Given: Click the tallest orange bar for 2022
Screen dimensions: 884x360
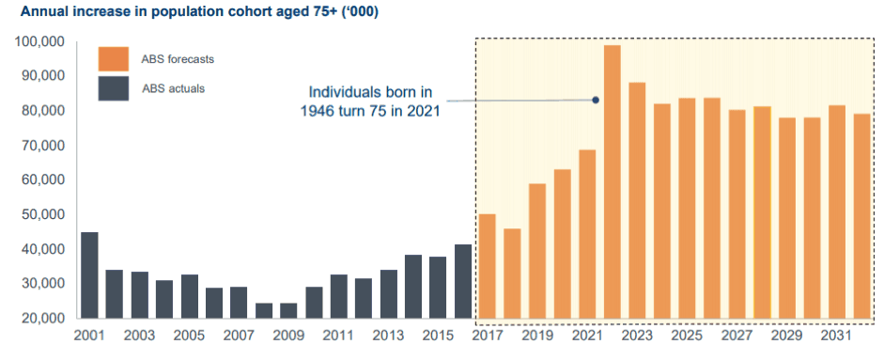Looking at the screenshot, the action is click(x=613, y=181).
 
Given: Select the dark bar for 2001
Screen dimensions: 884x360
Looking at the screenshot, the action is click(x=89, y=275).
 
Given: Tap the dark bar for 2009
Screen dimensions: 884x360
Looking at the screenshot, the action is click(x=288, y=311).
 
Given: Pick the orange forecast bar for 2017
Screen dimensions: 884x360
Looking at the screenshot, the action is click(x=488, y=266).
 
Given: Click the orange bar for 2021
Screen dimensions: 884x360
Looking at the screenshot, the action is click(x=587, y=234).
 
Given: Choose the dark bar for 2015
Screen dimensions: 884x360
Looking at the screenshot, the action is click(x=438, y=288).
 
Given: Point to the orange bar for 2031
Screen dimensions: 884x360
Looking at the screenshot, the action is click(x=837, y=212).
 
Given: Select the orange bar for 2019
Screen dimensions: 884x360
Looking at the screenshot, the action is click(x=537, y=251).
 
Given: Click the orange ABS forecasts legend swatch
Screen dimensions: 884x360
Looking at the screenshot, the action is click(x=114, y=59).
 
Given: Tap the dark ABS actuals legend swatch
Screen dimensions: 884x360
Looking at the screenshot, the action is click(x=114, y=88).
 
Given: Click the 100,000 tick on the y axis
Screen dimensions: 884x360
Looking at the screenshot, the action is click(x=42, y=42).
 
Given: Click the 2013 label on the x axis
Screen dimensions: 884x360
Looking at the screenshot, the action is click(x=389, y=336).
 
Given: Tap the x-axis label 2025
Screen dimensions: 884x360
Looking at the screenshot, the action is click(x=688, y=336).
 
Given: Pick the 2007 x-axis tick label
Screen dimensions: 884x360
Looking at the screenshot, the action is click(x=240, y=336).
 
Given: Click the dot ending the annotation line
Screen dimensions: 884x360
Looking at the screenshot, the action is click(x=596, y=100).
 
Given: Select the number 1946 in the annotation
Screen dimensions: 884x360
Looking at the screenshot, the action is click(x=318, y=111).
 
